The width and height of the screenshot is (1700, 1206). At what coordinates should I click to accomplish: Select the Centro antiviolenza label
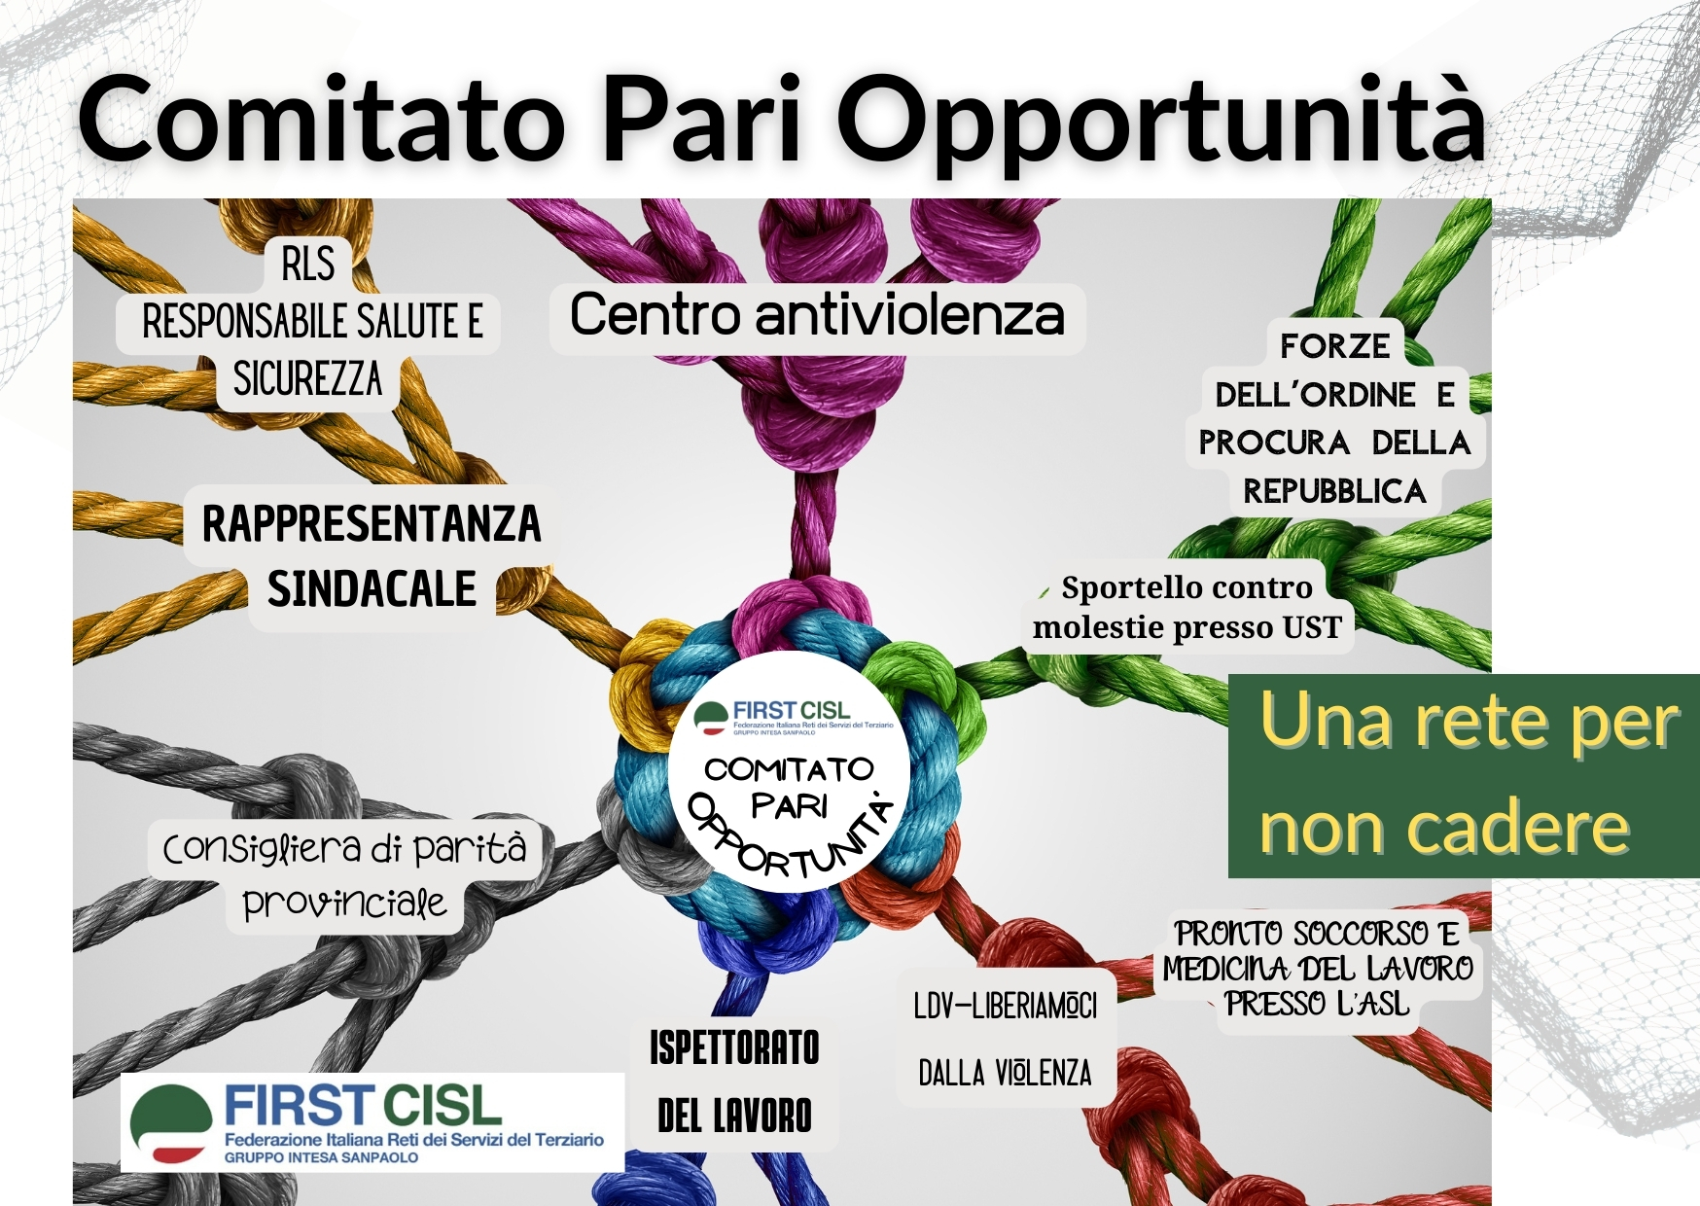(x=817, y=315)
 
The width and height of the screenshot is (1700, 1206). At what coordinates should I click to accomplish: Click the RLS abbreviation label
(x=307, y=264)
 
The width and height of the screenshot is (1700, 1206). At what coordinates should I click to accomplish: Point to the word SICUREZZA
(x=307, y=378)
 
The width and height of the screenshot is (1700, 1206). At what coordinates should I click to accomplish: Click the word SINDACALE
(x=372, y=588)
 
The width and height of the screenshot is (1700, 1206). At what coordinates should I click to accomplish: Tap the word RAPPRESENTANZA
(x=372, y=523)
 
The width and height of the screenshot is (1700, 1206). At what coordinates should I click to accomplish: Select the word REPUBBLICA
(x=1334, y=491)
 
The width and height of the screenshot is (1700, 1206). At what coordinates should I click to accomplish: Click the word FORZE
(x=1334, y=345)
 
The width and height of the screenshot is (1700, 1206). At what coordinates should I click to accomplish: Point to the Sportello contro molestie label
(x=1186, y=607)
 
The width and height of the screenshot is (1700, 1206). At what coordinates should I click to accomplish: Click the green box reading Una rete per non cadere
(x=1464, y=775)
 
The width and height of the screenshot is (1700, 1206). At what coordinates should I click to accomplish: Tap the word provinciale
(x=344, y=904)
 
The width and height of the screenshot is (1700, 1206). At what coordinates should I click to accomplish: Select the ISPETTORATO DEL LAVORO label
(x=734, y=1082)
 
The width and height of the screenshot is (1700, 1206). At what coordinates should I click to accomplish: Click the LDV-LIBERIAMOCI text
(x=1005, y=1006)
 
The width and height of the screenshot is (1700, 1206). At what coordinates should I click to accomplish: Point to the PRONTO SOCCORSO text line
(x=1317, y=934)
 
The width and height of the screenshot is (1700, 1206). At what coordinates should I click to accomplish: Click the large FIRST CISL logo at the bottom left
(x=372, y=1122)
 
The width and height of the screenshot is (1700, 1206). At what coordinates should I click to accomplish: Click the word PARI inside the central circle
(x=789, y=805)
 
